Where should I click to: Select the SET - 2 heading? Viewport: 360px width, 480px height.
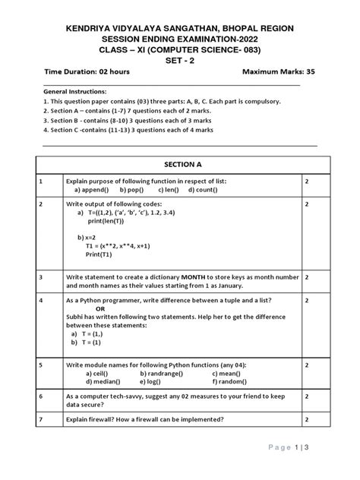pos(180,58)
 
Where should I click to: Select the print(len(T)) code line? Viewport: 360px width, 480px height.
pos(106,221)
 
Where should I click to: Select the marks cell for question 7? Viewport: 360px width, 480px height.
pos(306,419)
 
